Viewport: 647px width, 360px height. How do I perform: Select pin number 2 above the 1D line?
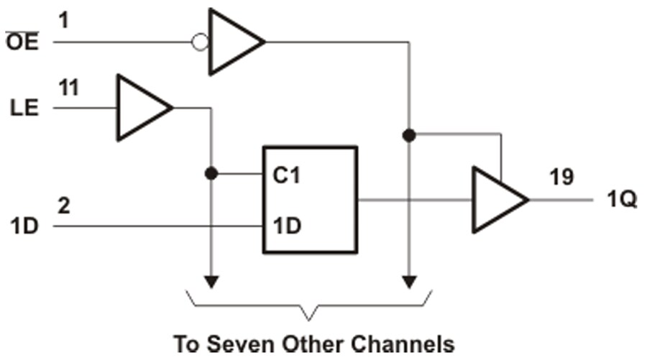pyautogui.click(x=63, y=206)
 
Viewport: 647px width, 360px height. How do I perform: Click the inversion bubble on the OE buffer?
pyautogui.click(x=201, y=42)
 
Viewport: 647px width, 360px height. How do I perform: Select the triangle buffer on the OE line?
pyautogui.click(x=234, y=42)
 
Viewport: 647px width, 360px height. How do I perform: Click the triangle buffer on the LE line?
pyautogui.click(x=143, y=109)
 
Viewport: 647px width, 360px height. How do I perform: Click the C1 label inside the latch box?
pyautogui.click(x=286, y=175)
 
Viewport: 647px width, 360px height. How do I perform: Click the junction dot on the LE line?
pyautogui.click(x=211, y=174)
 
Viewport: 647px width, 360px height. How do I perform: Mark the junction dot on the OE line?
pyautogui.click(x=409, y=134)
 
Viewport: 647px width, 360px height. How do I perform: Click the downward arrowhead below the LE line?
pyautogui.click(x=211, y=281)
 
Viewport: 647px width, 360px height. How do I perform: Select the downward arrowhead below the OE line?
pyautogui.click(x=409, y=281)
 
